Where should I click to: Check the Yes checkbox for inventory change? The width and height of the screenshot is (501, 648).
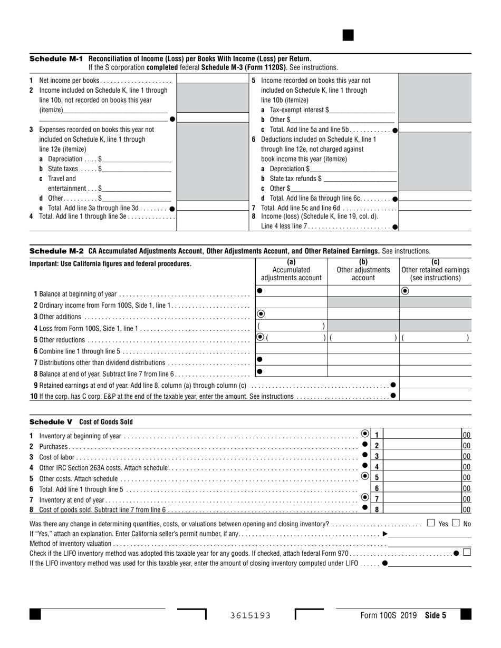[x=431, y=523]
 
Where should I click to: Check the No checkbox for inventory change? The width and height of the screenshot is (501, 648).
[x=456, y=523]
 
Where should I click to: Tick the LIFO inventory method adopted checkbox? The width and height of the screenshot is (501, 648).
[x=467, y=553]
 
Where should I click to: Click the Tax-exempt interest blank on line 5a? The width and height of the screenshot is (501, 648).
[x=361, y=110]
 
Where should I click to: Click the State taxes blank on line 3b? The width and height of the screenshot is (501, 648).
[x=137, y=169]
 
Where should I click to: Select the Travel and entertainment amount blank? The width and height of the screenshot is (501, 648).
[x=137, y=188]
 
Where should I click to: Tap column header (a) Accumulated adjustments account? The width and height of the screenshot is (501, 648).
[x=291, y=270]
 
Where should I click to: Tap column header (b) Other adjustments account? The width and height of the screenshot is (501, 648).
[x=363, y=270]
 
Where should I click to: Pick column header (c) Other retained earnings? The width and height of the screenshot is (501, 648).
[x=435, y=270]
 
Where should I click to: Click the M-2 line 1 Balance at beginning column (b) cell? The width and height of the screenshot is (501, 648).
[x=363, y=291]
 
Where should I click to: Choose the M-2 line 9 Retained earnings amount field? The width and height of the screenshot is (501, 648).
[x=435, y=385]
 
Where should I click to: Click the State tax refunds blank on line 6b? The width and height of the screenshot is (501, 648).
[x=361, y=179]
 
